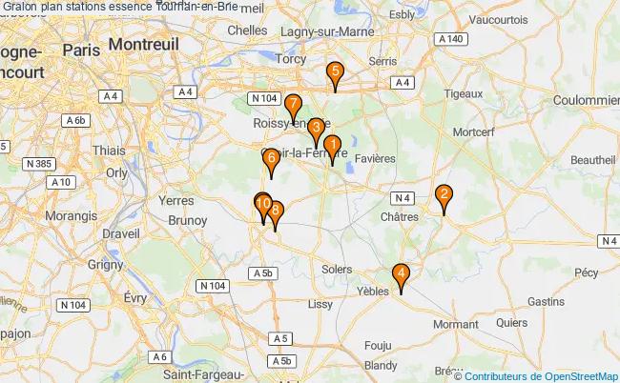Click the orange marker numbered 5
(x=335, y=72)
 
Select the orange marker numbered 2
(x=444, y=195)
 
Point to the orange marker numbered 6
(x=272, y=159)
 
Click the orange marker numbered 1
(x=332, y=147)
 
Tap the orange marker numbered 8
(x=276, y=212)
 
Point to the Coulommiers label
(x=583, y=98)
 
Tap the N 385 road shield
(x=40, y=164)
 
